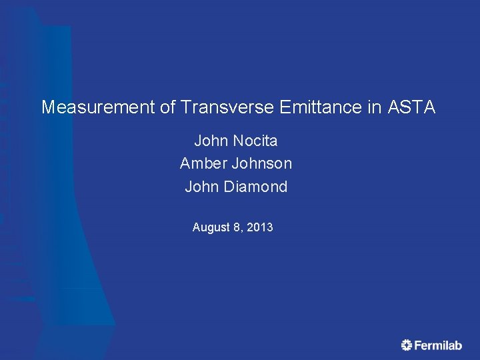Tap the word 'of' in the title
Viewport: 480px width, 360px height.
(x=167, y=107)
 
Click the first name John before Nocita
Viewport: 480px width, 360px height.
(x=211, y=141)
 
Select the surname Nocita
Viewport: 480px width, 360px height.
(x=255, y=141)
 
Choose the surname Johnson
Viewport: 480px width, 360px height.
(x=261, y=164)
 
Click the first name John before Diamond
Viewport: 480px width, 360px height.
(x=201, y=187)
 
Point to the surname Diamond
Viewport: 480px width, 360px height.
(x=256, y=187)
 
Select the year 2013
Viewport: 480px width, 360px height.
(x=260, y=228)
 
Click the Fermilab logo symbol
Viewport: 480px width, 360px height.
(x=407, y=345)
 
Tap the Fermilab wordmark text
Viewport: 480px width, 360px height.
(x=438, y=345)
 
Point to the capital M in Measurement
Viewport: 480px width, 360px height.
(x=48, y=107)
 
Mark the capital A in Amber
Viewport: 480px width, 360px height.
(x=185, y=164)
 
